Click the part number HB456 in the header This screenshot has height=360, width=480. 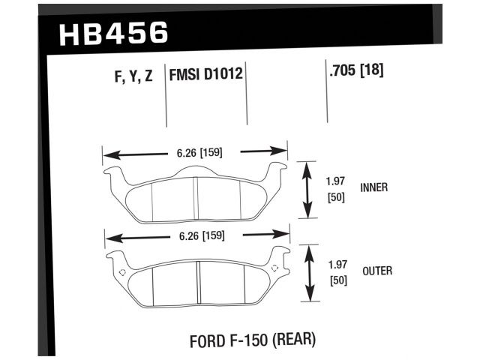(x=112, y=34)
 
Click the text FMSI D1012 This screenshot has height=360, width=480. (x=208, y=76)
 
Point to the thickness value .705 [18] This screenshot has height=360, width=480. (x=356, y=72)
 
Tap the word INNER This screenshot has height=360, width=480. (x=374, y=187)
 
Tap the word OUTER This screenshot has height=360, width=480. (x=376, y=271)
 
